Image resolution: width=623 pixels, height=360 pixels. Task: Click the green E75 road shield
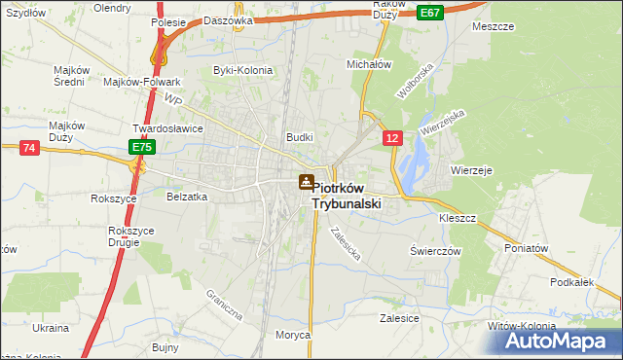point(142,147)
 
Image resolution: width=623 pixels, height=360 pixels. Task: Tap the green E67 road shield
point(430,12)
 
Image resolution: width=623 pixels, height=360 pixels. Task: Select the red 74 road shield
point(28,147)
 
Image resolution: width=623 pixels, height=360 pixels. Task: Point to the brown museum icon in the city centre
point(306,181)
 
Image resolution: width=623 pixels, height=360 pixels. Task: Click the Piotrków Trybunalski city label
point(348,197)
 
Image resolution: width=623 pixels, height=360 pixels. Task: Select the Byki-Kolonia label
point(242,71)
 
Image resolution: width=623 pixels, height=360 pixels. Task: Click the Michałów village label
point(369,64)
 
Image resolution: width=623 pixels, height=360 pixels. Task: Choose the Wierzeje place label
point(472,169)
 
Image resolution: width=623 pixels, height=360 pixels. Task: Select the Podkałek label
point(571,282)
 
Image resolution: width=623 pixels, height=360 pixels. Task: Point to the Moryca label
point(292,335)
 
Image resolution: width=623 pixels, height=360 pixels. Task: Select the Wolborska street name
point(413,84)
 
